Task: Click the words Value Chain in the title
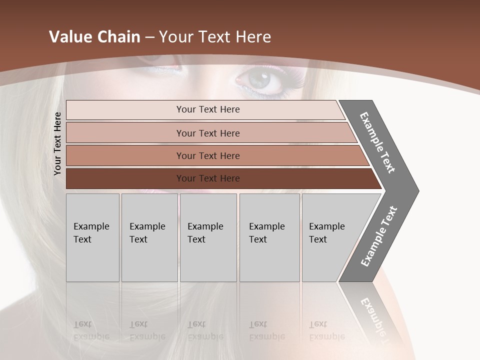tap(94, 37)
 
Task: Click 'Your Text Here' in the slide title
tap(215, 37)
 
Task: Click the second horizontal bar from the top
tap(207, 133)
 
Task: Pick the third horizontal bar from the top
tap(207, 155)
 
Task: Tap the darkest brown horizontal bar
tap(207, 178)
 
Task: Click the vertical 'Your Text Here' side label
tap(57, 143)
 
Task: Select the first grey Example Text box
tap(92, 237)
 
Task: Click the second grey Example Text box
tap(149, 237)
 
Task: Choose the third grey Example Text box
tap(208, 237)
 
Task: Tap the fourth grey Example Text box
tap(269, 237)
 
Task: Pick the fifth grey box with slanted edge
tap(330, 237)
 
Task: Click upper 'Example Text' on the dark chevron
tap(377, 142)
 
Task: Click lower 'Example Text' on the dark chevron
tap(379, 236)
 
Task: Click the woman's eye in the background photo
tap(259, 79)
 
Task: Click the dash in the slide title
tap(149, 37)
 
